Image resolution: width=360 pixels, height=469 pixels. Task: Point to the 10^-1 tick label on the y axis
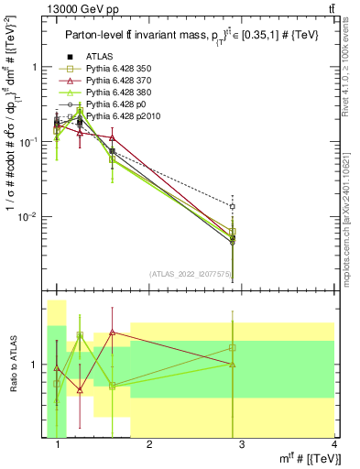pos(31,142)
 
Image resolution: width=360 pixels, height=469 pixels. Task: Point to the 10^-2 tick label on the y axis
pos(31,217)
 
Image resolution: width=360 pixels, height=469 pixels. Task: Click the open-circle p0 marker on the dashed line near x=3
pos(233,206)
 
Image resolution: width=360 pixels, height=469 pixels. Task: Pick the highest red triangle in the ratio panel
pos(112,333)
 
